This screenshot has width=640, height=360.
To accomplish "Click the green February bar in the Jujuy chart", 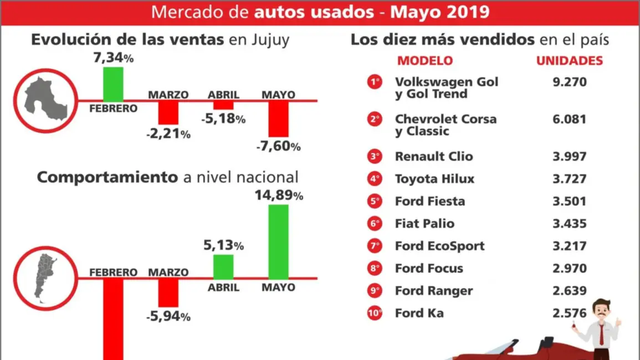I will [x=113, y=84].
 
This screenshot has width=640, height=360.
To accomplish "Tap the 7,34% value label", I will [x=114, y=58].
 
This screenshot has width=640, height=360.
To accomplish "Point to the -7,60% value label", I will [x=279, y=147].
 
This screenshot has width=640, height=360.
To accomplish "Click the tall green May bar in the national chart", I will [x=279, y=241].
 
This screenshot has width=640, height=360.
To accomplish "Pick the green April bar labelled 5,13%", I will [x=223, y=266].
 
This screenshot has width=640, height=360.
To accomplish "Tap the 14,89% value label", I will [x=279, y=196].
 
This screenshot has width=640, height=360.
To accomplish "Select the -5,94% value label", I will [x=168, y=317].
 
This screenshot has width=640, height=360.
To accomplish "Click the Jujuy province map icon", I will [x=44, y=100].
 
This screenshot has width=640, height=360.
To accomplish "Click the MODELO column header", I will [x=425, y=61].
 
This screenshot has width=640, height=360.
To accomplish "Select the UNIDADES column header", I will [x=569, y=61].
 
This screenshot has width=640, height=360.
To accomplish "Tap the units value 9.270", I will [x=569, y=82].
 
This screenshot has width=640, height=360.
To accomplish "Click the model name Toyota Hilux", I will [x=434, y=179].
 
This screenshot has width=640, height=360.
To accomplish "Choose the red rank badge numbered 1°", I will [x=375, y=82].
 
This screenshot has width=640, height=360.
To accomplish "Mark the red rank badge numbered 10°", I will [x=375, y=313].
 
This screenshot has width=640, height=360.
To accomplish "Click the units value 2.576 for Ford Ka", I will [x=569, y=313].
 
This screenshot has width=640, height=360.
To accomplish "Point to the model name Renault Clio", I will [x=434, y=156].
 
